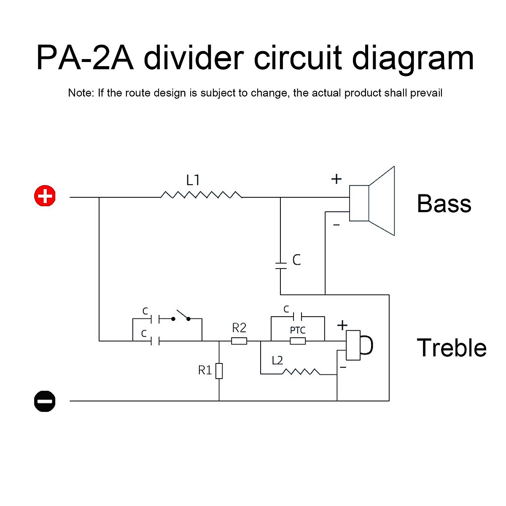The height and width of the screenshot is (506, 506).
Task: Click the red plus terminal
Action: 45,196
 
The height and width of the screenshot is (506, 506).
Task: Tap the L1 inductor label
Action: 193,180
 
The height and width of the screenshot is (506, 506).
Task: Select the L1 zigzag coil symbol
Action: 201,195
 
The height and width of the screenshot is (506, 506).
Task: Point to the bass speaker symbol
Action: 372,202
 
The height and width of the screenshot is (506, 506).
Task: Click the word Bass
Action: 444,204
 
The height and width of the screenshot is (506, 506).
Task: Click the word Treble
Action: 452,348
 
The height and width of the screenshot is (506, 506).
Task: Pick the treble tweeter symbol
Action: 358,345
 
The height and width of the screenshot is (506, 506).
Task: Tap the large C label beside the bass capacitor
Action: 296,260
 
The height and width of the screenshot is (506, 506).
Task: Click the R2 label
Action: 239,328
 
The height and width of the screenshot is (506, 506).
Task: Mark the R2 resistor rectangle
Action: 239,341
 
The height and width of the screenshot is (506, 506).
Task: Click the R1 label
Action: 205,370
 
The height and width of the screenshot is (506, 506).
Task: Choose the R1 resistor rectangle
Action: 219,371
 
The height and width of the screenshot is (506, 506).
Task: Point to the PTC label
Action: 298,330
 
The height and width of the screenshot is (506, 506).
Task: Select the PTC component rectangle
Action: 298,341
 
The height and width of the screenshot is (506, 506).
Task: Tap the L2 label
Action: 277,361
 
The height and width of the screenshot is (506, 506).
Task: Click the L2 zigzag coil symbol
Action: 301,372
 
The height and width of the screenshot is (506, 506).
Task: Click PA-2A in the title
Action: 85,58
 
